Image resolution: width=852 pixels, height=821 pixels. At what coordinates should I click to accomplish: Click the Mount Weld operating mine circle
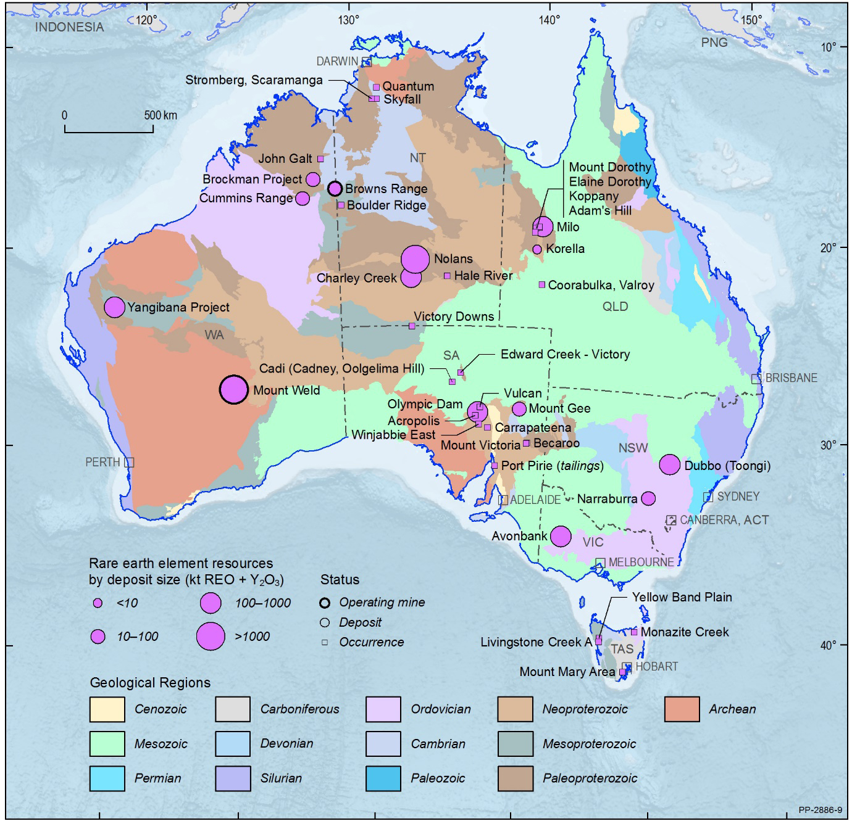pyautogui.click(x=234, y=390)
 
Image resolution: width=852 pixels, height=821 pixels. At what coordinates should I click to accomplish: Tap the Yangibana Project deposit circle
pyautogui.click(x=114, y=307)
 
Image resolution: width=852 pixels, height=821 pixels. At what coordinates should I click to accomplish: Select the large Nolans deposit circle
pyautogui.click(x=416, y=259)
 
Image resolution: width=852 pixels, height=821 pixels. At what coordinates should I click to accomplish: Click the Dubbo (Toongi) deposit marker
pyautogui.click(x=670, y=465)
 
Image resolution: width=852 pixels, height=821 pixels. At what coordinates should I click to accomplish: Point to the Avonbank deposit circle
pyautogui.click(x=561, y=536)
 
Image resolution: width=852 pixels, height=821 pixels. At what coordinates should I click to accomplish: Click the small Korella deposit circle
pyautogui.click(x=537, y=249)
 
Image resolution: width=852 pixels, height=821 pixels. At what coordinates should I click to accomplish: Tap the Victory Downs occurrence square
pyautogui.click(x=412, y=326)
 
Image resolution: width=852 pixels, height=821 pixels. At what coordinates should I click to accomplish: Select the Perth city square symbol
pyautogui.click(x=130, y=462)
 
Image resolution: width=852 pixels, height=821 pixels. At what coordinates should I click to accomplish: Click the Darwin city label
pyautogui.click(x=337, y=61)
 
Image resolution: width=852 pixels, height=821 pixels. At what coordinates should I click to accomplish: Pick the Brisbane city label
pyautogui.click(x=791, y=378)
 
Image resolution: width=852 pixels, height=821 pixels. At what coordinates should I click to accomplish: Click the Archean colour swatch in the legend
pyautogui.click(x=682, y=709)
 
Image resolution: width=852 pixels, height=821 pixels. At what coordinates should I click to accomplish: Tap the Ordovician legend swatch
pyautogui.click(x=383, y=709)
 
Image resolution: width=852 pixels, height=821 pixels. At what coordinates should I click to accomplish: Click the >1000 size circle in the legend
pyautogui.click(x=211, y=637)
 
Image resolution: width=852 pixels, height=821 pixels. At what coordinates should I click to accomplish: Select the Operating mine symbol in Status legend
pyautogui.click(x=325, y=603)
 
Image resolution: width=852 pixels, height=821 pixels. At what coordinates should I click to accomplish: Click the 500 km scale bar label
pyautogui.click(x=161, y=115)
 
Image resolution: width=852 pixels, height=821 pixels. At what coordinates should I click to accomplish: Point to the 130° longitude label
pyautogui.click(x=348, y=20)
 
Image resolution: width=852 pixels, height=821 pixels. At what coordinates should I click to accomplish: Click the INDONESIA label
pyautogui.click(x=69, y=27)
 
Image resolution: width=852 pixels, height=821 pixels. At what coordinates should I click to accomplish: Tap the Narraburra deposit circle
pyautogui.click(x=648, y=498)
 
